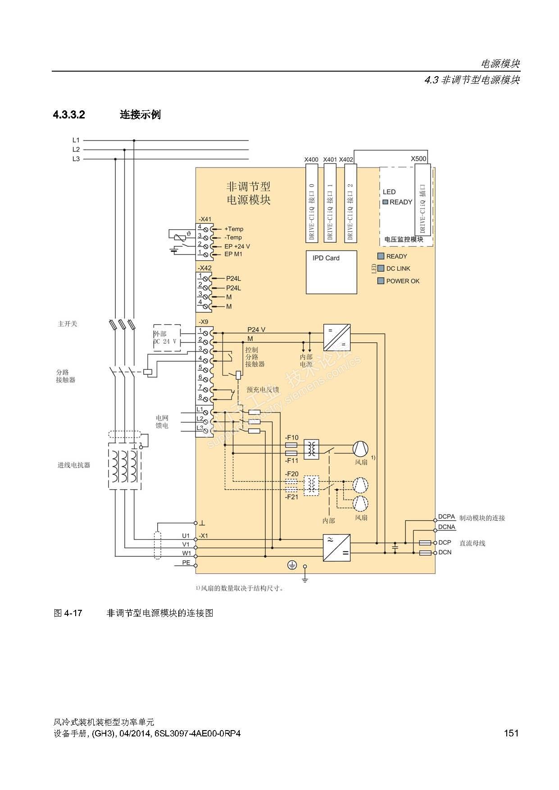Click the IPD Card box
[x=332, y=272]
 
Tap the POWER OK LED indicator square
[x=381, y=281]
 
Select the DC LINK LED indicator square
[x=381, y=268]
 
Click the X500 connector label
[x=418, y=159]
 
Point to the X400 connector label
[x=311, y=159]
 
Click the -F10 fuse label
[x=291, y=437]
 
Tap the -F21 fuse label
[x=291, y=497]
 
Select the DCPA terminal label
[x=447, y=517]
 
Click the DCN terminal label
[x=445, y=552]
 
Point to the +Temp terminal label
[x=234, y=229]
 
